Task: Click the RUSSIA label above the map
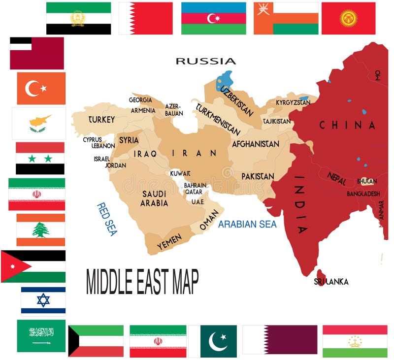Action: [x=206, y=61]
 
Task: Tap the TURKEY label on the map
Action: [x=101, y=119]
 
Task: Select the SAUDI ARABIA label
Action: [x=154, y=198]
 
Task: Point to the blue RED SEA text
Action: [x=106, y=219]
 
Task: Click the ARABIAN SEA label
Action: [x=247, y=225]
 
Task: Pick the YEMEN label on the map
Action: [x=169, y=241]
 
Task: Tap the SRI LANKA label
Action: [x=331, y=282]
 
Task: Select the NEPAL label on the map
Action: [x=337, y=178]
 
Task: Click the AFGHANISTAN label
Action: [x=256, y=144]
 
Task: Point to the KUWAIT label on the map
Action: [x=180, y=173]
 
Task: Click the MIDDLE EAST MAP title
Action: [x=142, y=282]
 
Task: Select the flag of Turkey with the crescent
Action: [x=41, y=89]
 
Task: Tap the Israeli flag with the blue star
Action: [x=43, y=300]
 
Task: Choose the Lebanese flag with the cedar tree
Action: [x=40, y=229]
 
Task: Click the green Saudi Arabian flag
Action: [x=41, y=336]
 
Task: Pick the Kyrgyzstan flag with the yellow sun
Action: [x=348, y=18]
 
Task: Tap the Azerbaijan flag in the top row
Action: [x=213, y=18]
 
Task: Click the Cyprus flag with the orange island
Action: [x=38, y=123]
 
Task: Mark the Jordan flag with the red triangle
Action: [x=33, y=266]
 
